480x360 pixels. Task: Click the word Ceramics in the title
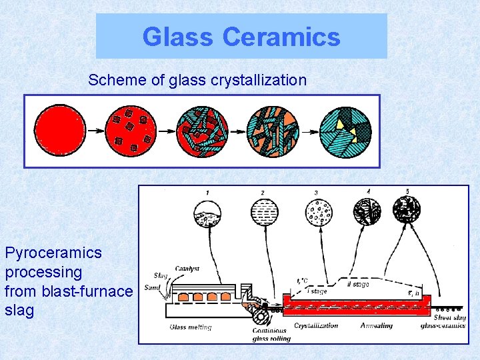point(281,37)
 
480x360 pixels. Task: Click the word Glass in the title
point(179,37)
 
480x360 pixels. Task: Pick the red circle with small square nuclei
point(131,131)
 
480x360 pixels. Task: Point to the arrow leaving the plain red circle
point(95,131)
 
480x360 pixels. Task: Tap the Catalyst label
point(187,269)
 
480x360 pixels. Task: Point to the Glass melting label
point(190,327)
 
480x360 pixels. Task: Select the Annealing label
point(377,326)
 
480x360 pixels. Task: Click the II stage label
point(358,285)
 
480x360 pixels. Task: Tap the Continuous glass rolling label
point(270,334)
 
